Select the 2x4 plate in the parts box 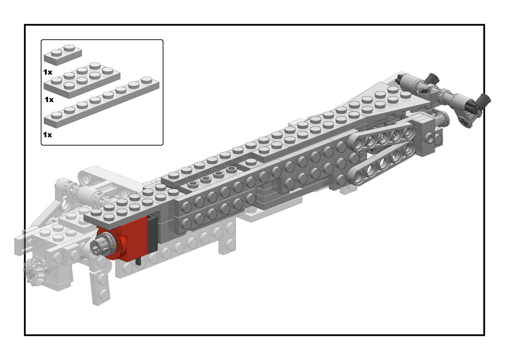tap(82, 80)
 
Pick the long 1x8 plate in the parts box tap(102, 102)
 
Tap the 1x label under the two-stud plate tap(48, 72)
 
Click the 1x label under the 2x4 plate tap(49, 100)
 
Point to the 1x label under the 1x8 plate tap(47, 135)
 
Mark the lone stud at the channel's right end tap(251, 162)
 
